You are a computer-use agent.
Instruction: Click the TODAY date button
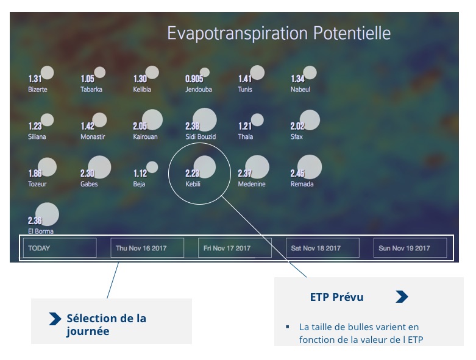point(60,248)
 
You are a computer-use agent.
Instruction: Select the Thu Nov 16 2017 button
point(147,248)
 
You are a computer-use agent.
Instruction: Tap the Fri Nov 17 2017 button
point(235,248)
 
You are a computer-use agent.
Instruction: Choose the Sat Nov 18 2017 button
point(322,248)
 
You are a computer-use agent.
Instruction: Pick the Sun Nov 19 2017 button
point(410,248)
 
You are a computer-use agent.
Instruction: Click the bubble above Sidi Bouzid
point(205,120)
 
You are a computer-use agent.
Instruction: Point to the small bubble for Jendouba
point(205,72)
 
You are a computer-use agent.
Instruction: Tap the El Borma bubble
point(47,214)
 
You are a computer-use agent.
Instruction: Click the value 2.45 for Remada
point(297,173)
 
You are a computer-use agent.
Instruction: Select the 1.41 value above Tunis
point(245,79)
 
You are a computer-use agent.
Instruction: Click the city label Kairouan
point(145,136)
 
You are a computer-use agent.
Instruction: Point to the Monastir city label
point(93,136)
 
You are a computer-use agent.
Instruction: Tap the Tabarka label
point(91,89)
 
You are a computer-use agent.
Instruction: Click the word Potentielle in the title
point(352,33)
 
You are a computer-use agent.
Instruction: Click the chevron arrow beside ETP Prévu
point(402,297)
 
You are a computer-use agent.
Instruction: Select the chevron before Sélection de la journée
point(55,319)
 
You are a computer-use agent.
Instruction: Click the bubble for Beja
point(152,167)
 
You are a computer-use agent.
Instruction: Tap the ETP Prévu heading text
point(336,297)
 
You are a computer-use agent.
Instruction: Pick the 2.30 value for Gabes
point(87,173)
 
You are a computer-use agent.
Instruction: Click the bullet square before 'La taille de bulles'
point(287,327)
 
